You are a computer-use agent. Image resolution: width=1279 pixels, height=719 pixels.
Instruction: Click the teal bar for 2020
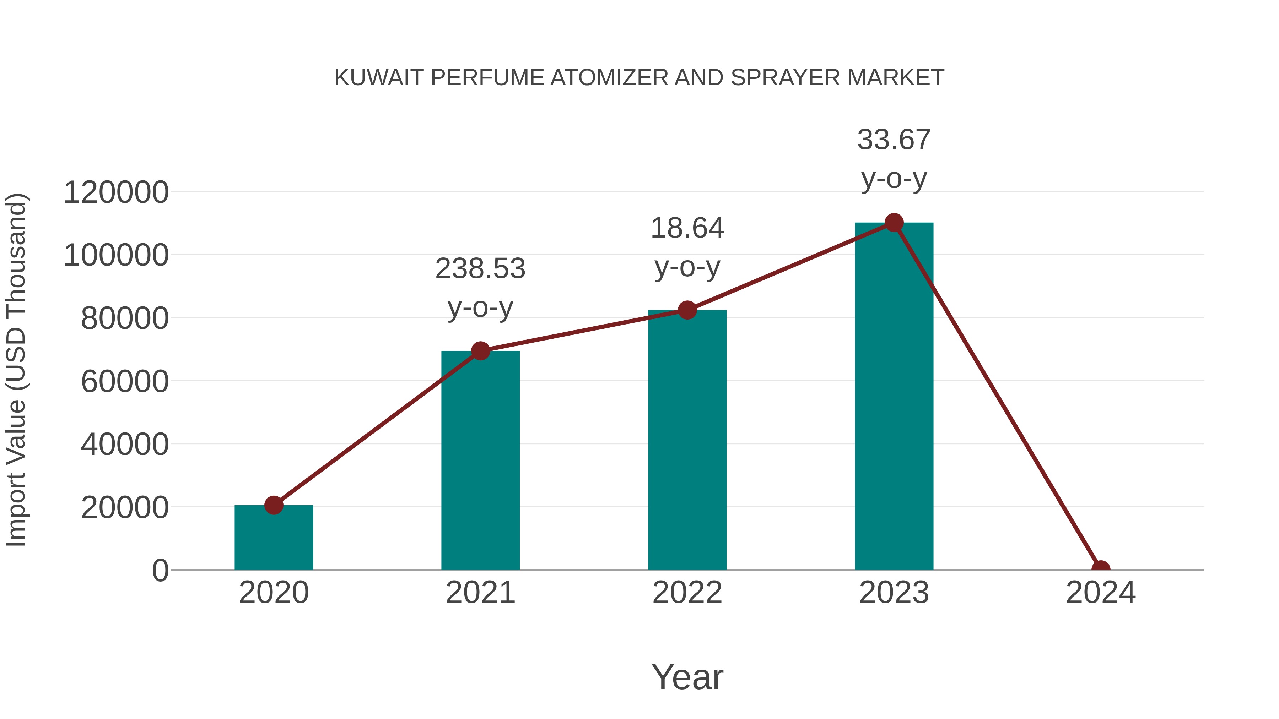pyautogui.click(x=274, y=538)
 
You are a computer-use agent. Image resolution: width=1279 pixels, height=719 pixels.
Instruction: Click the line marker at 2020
pyautogui.click(x=274, y=505)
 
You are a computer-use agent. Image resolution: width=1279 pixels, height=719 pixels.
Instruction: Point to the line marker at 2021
pyautogui.click(x=480, y=351)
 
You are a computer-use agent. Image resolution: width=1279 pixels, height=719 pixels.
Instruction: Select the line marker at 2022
pyautogui.click(x=687, y=310)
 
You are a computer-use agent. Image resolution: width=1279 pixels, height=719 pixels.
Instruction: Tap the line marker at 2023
pyautogui.click(x=894, y=223)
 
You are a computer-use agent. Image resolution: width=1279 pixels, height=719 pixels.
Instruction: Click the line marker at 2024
pyautogui.click(x=1101, y=569)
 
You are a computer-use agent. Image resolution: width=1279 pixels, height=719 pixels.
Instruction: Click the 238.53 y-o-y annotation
pyautogui.click(x=480, y=288)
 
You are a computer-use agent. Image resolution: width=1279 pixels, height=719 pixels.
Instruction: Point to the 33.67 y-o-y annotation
pyautogui.click(x=894, y=159)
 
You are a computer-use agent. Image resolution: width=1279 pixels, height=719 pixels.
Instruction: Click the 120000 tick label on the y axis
pyautogui.click(x=116, y=192)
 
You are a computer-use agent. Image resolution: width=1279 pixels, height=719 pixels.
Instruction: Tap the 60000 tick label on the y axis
pyautogui.click(x=125, y=382)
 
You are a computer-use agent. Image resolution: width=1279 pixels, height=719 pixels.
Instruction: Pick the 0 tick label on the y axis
pyautogui.click(x=160, y=571)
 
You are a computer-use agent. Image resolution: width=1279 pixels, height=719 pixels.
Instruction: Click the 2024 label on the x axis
pyautogui.click(x=1101, y=593)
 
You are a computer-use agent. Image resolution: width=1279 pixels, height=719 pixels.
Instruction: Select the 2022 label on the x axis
pyautogui.click(x=687, y=593)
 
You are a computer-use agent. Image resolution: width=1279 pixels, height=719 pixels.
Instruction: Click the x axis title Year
pyautogui.click(x=687, y=677)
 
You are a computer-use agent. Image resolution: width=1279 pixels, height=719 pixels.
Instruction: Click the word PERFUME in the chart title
pyautogui.click(x=487, y=78)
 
